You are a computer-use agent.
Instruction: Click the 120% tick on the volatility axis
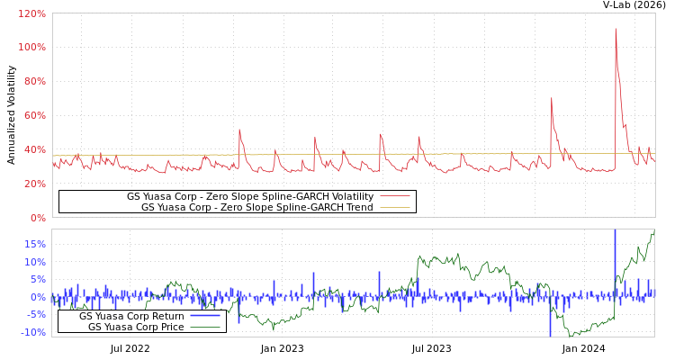(x=31, y=14)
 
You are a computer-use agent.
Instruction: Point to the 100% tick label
(x=31, y=47)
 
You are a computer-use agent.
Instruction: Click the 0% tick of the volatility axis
(x=37, y=218)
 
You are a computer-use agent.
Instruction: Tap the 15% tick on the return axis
(x=34, y=244)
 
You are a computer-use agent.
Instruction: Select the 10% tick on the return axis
(x=34, y=262)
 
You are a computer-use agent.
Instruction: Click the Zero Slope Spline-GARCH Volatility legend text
(x=249, y=196)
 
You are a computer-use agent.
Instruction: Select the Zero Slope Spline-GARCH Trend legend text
(x=256, y=207)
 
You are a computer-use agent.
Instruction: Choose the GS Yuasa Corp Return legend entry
(x=131, y=316)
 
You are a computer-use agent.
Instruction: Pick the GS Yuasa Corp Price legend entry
(x=135, y=327)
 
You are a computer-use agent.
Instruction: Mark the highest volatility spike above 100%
(x=616, y=29)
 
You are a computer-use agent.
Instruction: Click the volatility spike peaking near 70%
(x=551, y=98)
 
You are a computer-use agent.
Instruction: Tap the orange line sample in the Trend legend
(x=394, y=207)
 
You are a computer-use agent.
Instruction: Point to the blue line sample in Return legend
(x=204, y=316)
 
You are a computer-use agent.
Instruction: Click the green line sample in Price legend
(x=204, y=327)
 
